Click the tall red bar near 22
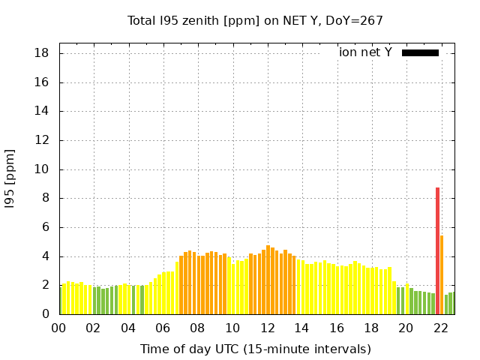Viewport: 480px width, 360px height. (437, 250)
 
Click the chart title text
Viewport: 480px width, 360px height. (256, 21)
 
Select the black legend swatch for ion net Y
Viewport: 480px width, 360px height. (420, 52)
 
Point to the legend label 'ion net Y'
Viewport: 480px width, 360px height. (365, 52)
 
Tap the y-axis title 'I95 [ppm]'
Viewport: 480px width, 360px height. (10, 178)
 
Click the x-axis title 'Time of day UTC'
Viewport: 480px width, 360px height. (256, 349)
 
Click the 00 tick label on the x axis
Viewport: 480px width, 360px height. (58, 328)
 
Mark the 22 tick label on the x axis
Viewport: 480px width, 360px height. (441, 328)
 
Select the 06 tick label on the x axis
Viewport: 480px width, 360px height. (163, 328)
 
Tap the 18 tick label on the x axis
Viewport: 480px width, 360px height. (371, 328)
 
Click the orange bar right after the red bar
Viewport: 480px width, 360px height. (442, 274)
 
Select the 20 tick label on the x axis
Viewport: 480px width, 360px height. (406, 328)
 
